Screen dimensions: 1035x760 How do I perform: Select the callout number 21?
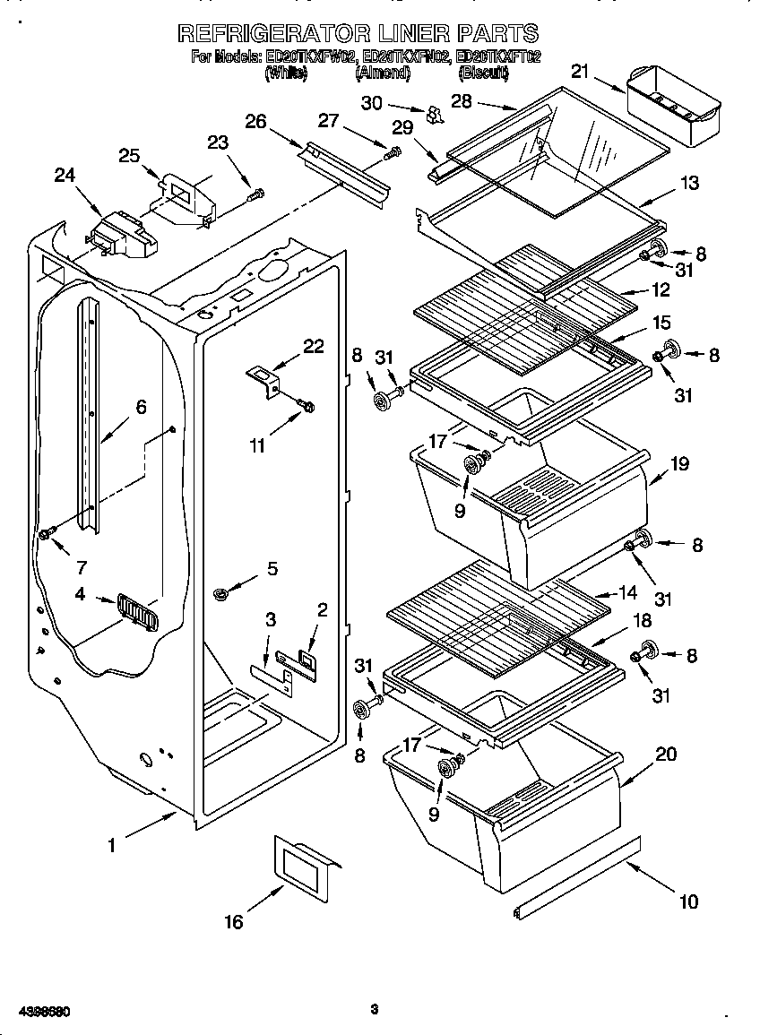pos(580,72)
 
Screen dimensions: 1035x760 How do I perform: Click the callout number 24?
pos(65,176)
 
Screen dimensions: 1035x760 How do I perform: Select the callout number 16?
pos(233,921)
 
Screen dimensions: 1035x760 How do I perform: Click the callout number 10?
pos(687,901)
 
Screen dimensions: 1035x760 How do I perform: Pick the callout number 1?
pos(112,844)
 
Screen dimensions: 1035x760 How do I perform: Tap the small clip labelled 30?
pos(436,114)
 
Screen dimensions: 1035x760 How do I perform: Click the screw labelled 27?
pos(392,154)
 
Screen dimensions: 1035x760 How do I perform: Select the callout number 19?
pos(679,464)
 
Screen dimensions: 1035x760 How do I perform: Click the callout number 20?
pos(665,755)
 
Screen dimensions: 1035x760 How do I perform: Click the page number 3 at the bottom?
pos(375,1010)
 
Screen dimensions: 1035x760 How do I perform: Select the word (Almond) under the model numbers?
pos(383,75)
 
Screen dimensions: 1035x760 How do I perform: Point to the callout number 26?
pos(255,121)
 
